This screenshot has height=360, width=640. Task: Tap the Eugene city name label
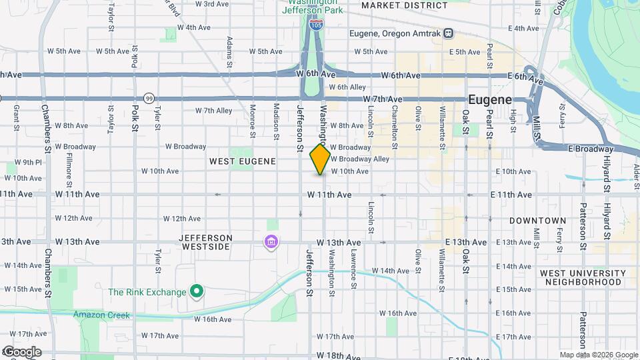[490, 99]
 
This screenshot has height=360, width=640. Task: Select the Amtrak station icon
[449, 33]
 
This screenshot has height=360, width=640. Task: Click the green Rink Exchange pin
[196, 291]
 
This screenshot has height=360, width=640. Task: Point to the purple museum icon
[271, 241]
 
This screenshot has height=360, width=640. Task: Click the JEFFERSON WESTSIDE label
[206, 242]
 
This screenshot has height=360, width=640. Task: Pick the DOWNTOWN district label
[537, 220]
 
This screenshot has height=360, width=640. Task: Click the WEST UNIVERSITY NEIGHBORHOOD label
[583, 277]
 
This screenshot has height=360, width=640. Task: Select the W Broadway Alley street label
[360, 159]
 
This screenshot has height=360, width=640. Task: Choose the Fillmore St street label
[69, 169]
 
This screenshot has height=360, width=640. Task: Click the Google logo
[21, 352]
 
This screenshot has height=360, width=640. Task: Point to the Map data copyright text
[598, 355]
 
